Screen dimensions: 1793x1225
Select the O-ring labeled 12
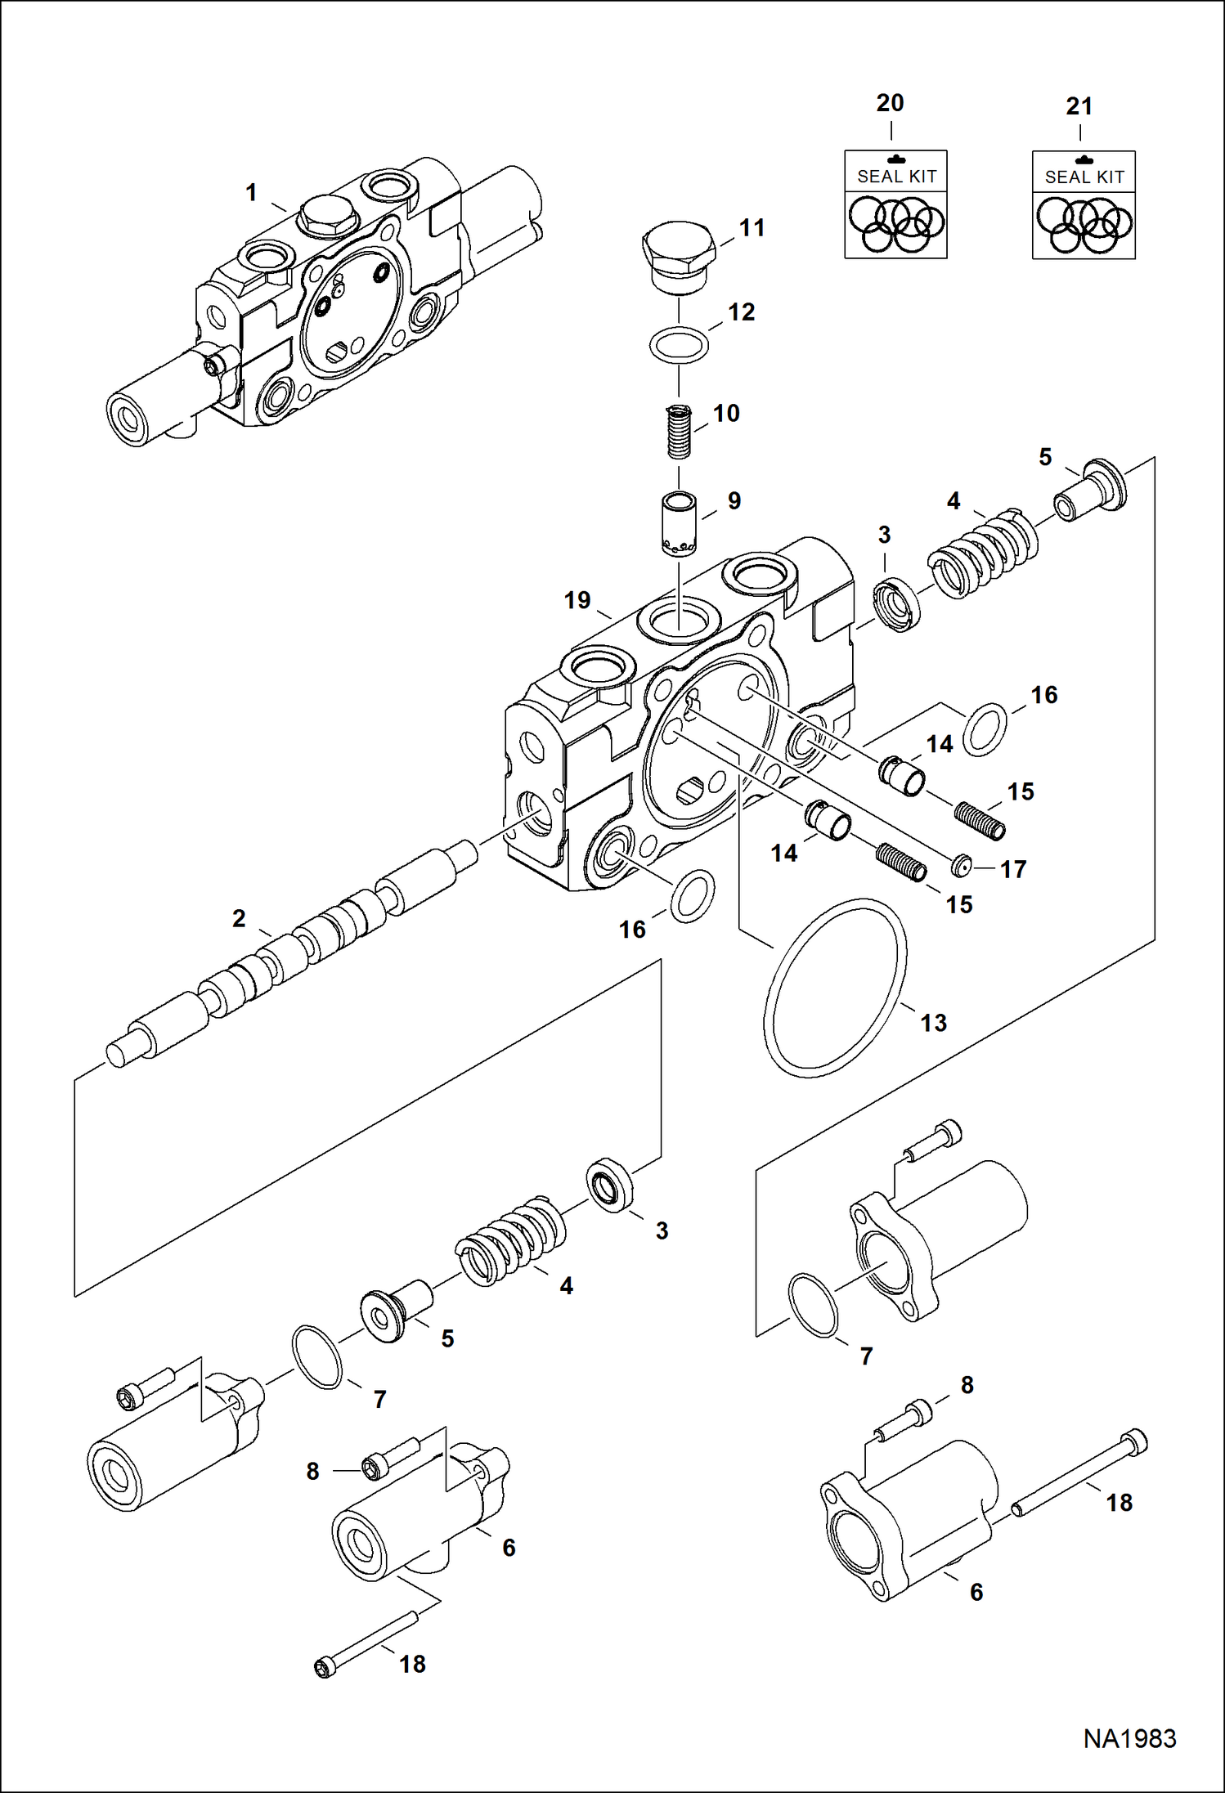tap(679, 345)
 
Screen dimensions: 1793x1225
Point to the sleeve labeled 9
tap(679, 523)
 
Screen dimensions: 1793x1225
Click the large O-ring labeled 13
tap(835, 988)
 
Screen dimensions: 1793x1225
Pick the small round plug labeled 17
tap(962, 864)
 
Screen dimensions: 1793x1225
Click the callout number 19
tap(577, 601)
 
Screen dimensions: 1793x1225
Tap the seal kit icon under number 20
tap(895, 204)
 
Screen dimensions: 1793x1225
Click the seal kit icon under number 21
tap(1084, 205)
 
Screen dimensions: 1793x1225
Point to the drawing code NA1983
tap(1129, 1738)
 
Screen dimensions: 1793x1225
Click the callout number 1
tap(252, 193)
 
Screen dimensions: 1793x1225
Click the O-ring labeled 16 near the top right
tap(985, 728)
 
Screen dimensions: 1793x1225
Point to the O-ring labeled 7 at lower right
tap(813, 1306)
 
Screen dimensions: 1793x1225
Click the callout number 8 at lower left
tap(312, 1472)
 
